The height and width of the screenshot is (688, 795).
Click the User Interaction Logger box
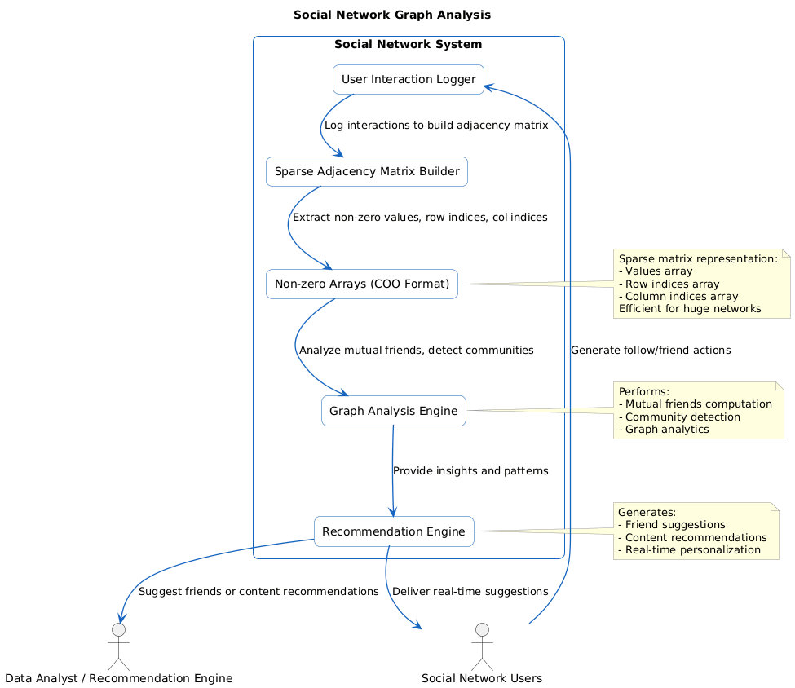pos(408,79)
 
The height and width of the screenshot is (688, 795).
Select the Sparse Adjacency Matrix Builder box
pos(366,171)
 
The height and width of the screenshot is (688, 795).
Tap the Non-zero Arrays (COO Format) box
pos(361,284)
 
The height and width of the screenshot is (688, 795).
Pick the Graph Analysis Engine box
pos(393,411)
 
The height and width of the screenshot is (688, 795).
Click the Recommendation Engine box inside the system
pos(394,531)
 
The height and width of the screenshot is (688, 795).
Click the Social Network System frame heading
pos(408,44)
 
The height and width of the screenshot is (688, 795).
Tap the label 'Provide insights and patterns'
pos(470,471)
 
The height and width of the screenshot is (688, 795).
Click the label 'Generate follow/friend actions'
pos(650,350)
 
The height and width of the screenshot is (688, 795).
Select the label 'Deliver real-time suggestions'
pos(470,591)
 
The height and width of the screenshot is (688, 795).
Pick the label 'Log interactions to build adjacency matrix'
pos(435,126)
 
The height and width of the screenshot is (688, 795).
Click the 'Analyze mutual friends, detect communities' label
pos(416,350)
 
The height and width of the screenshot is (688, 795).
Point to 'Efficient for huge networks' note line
pos(690,308)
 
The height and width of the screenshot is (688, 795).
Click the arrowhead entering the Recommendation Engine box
pos(393,512)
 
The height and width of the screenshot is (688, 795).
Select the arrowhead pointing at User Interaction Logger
pos(489,85)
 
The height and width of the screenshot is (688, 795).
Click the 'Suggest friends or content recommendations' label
pos(258,591)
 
